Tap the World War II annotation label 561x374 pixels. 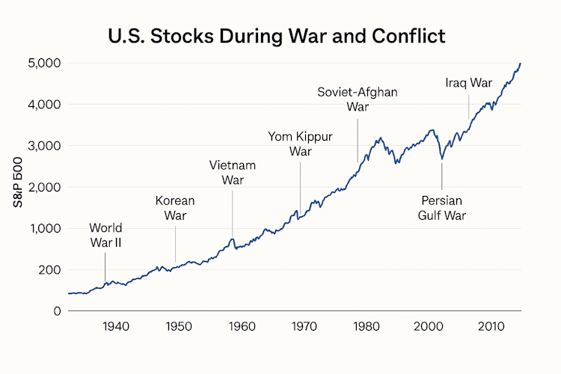[105, 235]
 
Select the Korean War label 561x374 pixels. [175, 208]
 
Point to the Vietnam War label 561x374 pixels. [233, 173]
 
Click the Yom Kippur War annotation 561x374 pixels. [300, 144]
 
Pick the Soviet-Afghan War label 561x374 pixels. [358, 99]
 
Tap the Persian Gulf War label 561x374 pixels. [442, 208]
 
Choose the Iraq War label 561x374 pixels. [468, 82]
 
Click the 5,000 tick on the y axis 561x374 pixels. [44, 63]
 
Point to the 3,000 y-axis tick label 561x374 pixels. [44, 145]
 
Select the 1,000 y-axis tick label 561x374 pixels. [44, 228]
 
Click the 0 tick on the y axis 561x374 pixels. [57, 311]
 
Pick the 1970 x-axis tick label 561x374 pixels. [303, 327]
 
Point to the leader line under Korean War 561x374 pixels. [176, 244]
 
